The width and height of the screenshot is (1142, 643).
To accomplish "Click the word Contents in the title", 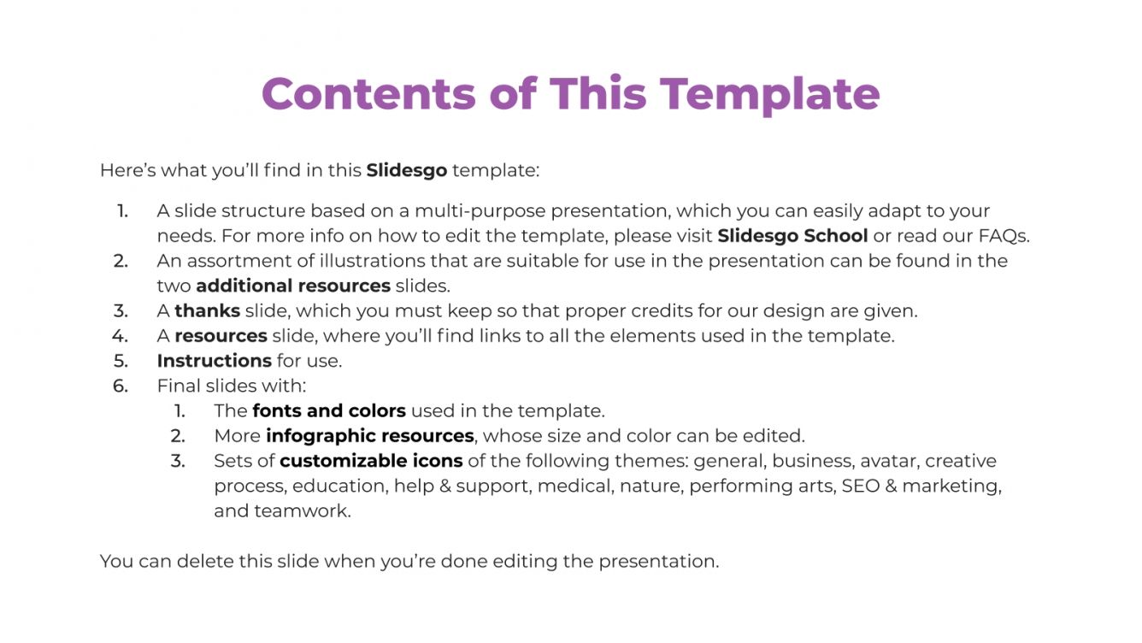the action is (368, 93).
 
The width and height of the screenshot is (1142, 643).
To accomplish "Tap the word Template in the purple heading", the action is (770, 96).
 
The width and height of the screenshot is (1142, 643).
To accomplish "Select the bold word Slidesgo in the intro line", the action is (406, 170).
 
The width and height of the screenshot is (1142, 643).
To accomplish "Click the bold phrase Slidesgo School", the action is (792, 236).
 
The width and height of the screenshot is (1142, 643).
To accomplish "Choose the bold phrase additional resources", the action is (293, 286).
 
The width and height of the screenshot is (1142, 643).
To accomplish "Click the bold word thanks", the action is (207, 310).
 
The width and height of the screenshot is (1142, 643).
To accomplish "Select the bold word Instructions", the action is (214, 361).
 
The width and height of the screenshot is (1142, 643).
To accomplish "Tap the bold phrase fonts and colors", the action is (329, 410).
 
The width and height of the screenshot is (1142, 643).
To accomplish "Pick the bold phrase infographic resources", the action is (370, 436).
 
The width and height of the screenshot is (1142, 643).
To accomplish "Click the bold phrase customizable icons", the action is (371, 461).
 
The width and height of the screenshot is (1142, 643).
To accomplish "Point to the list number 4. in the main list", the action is (120, 336).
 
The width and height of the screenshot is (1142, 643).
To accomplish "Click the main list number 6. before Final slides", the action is (121, 386).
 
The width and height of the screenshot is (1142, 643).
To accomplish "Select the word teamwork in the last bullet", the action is (303, 510).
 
